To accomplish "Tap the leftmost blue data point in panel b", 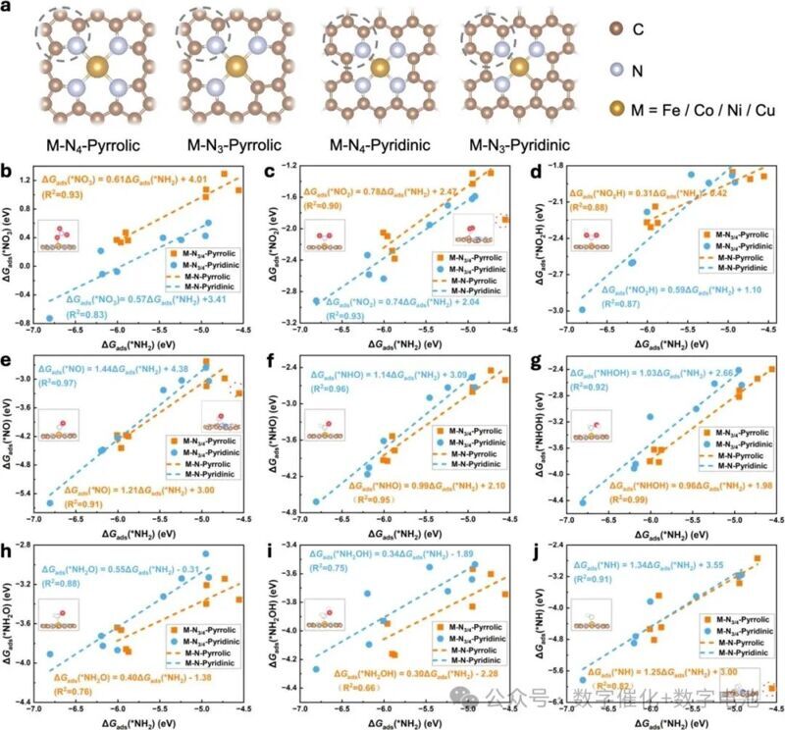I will [50, 319].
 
